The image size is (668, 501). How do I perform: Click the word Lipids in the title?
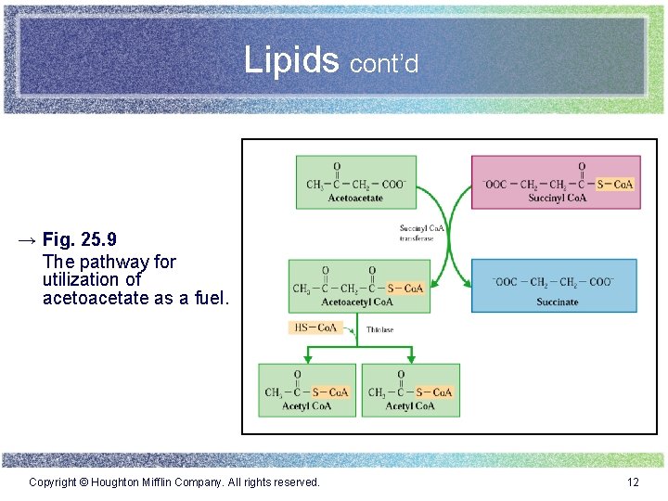(291, 60)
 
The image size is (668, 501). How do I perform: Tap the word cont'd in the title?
(384, 63)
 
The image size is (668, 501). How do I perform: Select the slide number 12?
(634, 482)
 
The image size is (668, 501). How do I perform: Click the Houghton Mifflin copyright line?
(174, 482)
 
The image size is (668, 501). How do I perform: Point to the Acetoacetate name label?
(355, 198)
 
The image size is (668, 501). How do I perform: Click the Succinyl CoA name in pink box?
(557, 197)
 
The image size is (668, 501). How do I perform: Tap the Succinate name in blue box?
(557, 302)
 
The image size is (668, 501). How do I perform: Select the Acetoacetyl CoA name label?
(356, 302)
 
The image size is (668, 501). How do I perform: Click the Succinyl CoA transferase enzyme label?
(422, 232)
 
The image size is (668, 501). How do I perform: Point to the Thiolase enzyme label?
(379, 329)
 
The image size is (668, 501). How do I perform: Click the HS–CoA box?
(315, 328)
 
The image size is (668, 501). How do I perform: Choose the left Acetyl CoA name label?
(307, 405)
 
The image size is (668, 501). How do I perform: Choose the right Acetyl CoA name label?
(410, 405)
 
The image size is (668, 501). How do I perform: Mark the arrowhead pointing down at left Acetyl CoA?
(307, 357)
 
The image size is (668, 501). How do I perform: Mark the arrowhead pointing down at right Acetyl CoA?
(410, 357)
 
